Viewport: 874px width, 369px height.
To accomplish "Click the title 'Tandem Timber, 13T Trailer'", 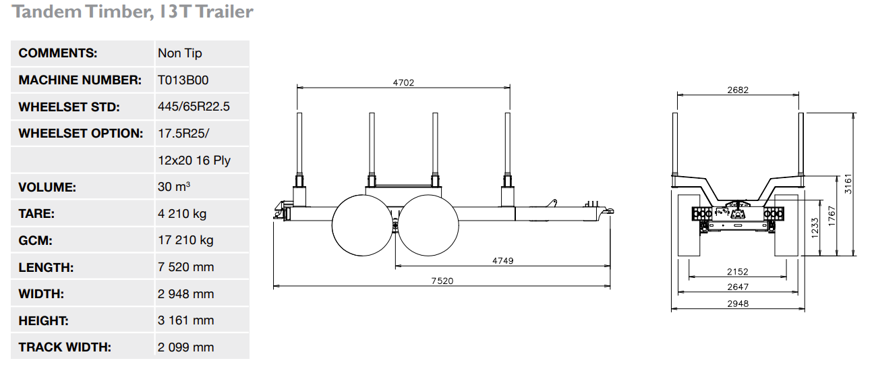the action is [x=133, y=11].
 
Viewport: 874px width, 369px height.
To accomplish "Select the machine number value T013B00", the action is [x=183, y=80].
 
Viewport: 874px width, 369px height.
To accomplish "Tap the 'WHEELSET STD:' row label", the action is [x=69, y=107].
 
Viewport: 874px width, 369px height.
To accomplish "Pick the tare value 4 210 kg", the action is [x=182, y=214].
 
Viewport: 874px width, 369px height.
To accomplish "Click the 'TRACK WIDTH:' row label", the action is [x=65, y=347].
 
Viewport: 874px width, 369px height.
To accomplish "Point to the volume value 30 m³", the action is [x=173, y=187].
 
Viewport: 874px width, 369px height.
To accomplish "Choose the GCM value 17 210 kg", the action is [x=185, y=240].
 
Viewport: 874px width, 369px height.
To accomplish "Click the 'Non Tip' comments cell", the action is [x=180, y=53].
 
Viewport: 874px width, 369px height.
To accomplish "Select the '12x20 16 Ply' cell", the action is [x=194, y=161].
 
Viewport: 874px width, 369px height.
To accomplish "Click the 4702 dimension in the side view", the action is [x=403, y=83].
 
